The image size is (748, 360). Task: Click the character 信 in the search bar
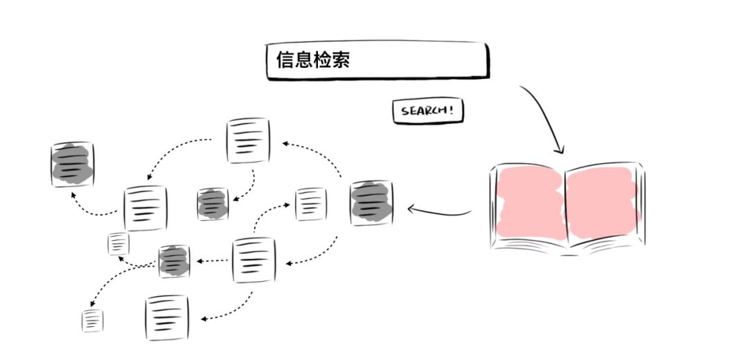pos(285,60)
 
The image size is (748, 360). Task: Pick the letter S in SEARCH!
pos(404,111)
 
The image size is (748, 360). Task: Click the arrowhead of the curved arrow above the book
pos(560,150)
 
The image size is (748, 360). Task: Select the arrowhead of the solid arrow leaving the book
pos(410,208)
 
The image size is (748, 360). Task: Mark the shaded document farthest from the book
pos(72,163)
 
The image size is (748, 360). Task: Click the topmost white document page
pos(248,141)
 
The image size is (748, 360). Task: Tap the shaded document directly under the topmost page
pos(213,204)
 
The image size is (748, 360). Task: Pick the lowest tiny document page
pos(92,321)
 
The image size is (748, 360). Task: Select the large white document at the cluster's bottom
pos(167,318)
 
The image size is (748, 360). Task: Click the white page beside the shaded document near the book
pos(310,204)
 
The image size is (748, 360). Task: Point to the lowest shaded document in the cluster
pos(174,262)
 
